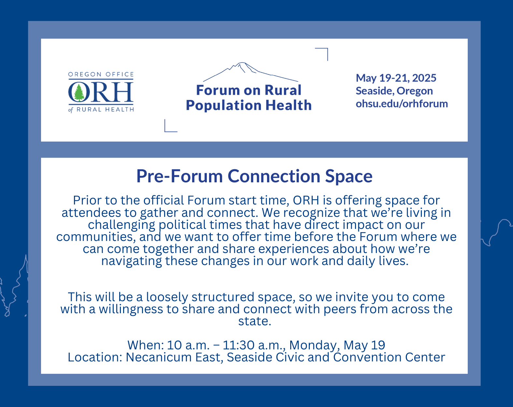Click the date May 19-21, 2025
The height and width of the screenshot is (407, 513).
click(x=396, y=78)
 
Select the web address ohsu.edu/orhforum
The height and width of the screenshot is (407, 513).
click(x=402, y=104)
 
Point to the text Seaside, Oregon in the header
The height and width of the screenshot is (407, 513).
click(x=394, y=91)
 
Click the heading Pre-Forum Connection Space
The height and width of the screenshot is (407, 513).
click(x=254, y=176)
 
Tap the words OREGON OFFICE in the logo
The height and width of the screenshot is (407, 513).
click(x=101, y=74)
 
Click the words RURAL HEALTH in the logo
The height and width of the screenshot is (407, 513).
click(x=105, y=109)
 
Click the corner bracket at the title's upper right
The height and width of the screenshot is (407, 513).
click(x=327, y=49)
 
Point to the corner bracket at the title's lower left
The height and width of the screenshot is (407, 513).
click(x=165, y=131)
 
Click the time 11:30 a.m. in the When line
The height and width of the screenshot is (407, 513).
click(x=254, y=345)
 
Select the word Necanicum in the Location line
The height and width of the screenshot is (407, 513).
click(x=159, y=357)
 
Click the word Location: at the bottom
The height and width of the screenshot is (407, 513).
click(x=95, y=357)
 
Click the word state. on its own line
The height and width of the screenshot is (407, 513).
click(x=255, y=321)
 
